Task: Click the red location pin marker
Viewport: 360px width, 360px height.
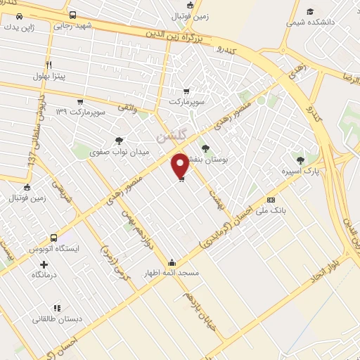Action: [x=180, y=165]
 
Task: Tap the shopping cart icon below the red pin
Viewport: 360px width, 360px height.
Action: [x=181, y=181]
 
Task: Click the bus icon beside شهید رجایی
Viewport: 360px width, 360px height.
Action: [x=73, y=15]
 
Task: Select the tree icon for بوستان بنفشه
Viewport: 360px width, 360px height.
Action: [x=205, y=148]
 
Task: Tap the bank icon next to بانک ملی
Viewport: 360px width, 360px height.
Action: [x=271, y=200]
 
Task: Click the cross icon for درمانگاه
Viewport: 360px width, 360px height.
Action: [x=44, y=265]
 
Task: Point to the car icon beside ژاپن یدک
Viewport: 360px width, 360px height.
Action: [x=17, y=15]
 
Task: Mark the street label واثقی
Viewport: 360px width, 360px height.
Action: [x=124, y=107]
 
